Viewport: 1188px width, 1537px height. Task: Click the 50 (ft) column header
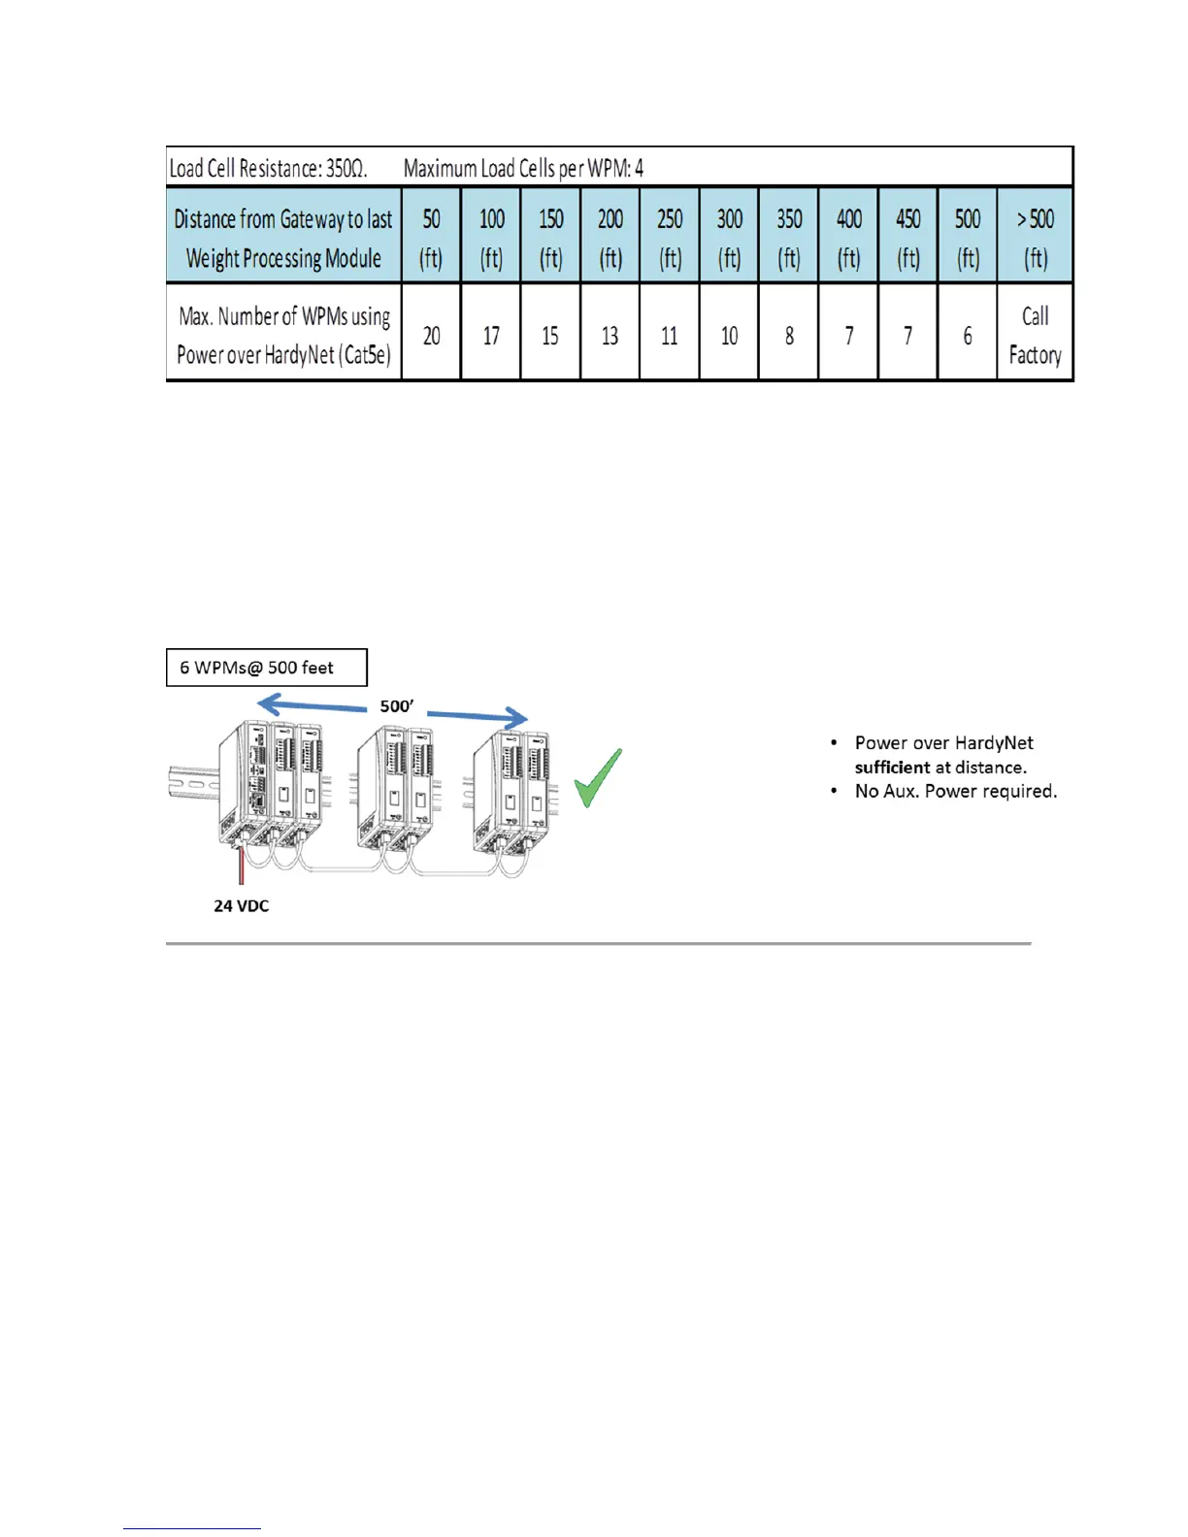point(431,238)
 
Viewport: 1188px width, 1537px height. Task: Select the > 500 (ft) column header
point(1035,238)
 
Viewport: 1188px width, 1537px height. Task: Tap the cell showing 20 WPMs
point(431,336)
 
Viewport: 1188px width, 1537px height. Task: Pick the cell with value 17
point(491,336)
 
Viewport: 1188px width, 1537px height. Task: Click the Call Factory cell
point(1035,335)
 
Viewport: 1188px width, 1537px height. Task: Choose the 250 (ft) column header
point(670,238)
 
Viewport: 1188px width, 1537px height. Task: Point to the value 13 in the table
point(610,336)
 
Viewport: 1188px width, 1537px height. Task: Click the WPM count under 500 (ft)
point(967,336)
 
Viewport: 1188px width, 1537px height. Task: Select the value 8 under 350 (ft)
point(789,336)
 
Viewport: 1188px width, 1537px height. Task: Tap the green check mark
point(596,779)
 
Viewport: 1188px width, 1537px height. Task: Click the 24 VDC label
point(242,905)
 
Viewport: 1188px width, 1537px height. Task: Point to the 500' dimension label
point(396,706)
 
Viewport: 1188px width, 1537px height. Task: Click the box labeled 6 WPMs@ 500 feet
point(267,668)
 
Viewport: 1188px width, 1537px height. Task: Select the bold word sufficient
point(891,768)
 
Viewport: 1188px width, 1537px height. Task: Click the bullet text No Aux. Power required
point(955,791)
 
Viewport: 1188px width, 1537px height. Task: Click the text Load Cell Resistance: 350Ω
point(269,168)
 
